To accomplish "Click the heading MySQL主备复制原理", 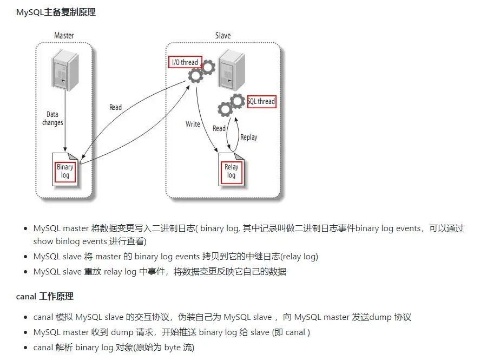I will [x=56, y=12].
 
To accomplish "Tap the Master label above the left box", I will [x=64, y=36].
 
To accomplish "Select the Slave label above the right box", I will [x=222, y=36].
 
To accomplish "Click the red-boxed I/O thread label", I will [x=185, y=62].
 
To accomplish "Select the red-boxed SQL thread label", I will [x=261, y=101].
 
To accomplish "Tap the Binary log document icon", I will [x=65, y=171].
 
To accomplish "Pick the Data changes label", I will [x=52, y=119].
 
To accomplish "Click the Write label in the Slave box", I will [x=193, y=124].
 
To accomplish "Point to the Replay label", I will [x=248, y=137].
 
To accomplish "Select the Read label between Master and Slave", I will [x=115, y=107].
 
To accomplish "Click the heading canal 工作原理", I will [x=45, y=296].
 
